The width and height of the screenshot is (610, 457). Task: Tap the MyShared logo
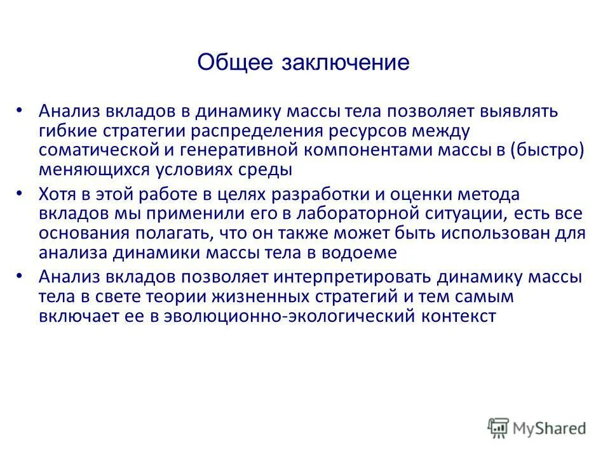[537, 427]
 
